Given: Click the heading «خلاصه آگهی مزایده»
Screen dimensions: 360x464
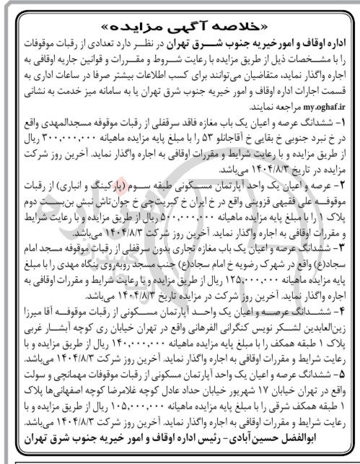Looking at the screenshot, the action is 180,14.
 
